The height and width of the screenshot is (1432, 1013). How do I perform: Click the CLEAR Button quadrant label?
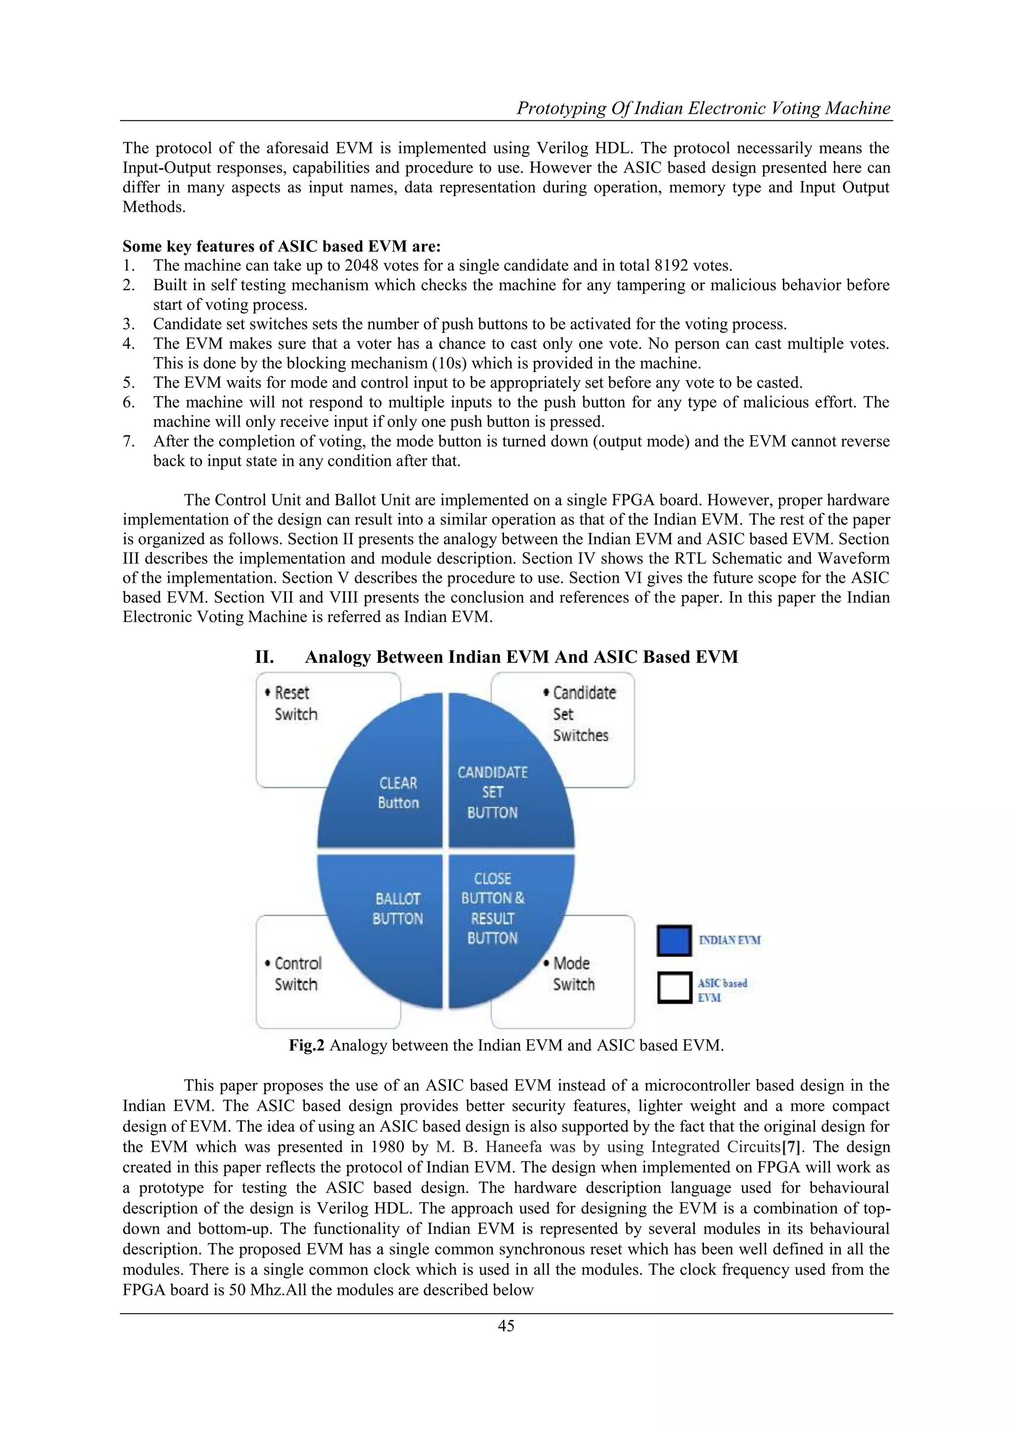tap(398, 793)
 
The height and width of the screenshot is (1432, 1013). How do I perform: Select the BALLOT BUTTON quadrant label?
tap(397, 908)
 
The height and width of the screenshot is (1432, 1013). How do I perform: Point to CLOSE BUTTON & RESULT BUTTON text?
tap(492, 908)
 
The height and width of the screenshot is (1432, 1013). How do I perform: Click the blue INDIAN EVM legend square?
tap(674, 940)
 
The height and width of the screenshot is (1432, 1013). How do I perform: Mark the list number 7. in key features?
tap(129, 442)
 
